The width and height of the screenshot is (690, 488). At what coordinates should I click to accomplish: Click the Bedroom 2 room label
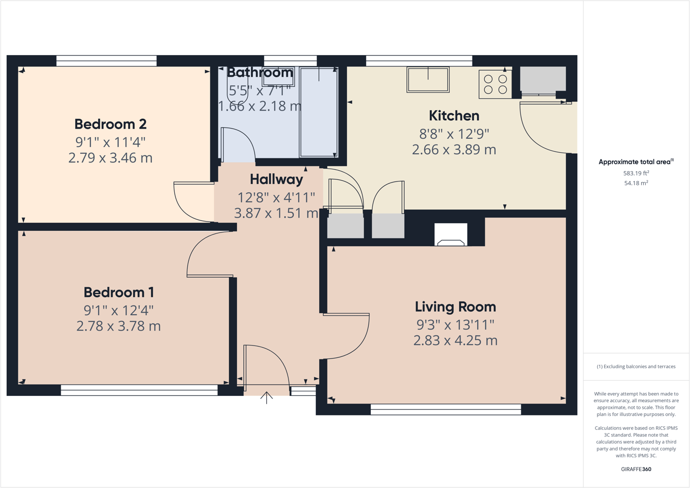pyautogui.click(x=110, y=124)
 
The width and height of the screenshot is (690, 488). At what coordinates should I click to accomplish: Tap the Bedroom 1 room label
pyautogui.click(x=119, y=293)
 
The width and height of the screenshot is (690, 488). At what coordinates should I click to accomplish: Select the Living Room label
pyautogui.click(x=455, y=307)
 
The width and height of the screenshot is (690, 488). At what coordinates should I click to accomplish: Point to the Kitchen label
pyautogui.click(x=454, y=116)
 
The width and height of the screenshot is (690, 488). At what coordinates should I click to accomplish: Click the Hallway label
pyautogui.click(x=276, y=179)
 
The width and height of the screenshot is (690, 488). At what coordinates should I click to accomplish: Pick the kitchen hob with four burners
pyautogui.click(x=495, y=84)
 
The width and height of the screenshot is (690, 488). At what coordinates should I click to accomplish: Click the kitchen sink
pyautogui.click(x=428, y=80)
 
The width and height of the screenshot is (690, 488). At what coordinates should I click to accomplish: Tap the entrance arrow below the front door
pyautogui.click(x=266, y=397)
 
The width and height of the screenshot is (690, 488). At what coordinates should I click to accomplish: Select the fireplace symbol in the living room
pyautogui.click(x=450, y=235)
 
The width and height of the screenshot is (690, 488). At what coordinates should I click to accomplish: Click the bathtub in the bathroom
pyautogui.click(x=319, y=113)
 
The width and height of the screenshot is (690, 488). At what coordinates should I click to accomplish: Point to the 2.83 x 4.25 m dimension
pyautogui.click(x=455, y=340)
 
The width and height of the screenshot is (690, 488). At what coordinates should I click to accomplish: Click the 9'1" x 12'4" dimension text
pyautogui.click(x=119, y=311)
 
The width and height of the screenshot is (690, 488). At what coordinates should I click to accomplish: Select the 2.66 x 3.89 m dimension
pyautogui.click(x=454, y=150)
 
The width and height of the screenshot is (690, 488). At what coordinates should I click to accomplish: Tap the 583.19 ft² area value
pyautogui.click(x=636, y=173)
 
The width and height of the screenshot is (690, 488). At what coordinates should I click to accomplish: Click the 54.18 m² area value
pyautogui.click(x=636, y=183)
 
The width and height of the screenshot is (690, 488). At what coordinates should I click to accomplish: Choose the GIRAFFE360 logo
pyautogui.click(x=636, y=469)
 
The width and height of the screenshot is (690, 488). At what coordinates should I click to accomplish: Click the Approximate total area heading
pyautogui.click(x=636, y=162)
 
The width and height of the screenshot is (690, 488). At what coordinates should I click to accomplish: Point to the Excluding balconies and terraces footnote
pyautogui.click(x=636, y=367)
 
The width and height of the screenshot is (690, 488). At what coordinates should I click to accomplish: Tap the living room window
pyautogui.click(x=446, y=410)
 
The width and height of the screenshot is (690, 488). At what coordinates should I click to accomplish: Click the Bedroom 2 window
pyautogui.click(x=106, y=61)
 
